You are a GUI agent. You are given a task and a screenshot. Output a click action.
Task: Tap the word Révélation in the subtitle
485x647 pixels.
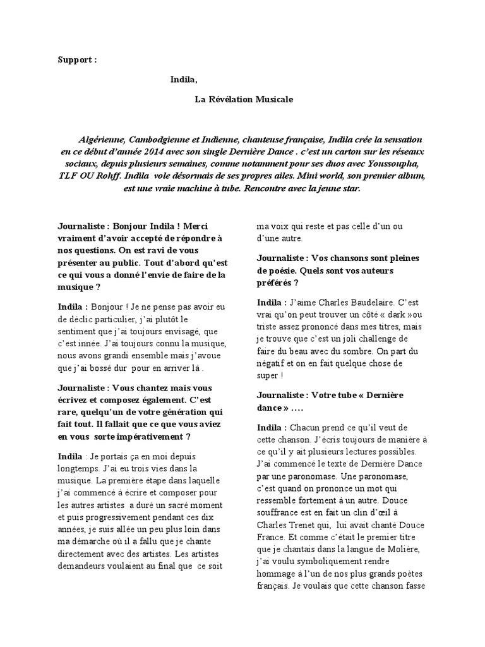click(232, 99)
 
